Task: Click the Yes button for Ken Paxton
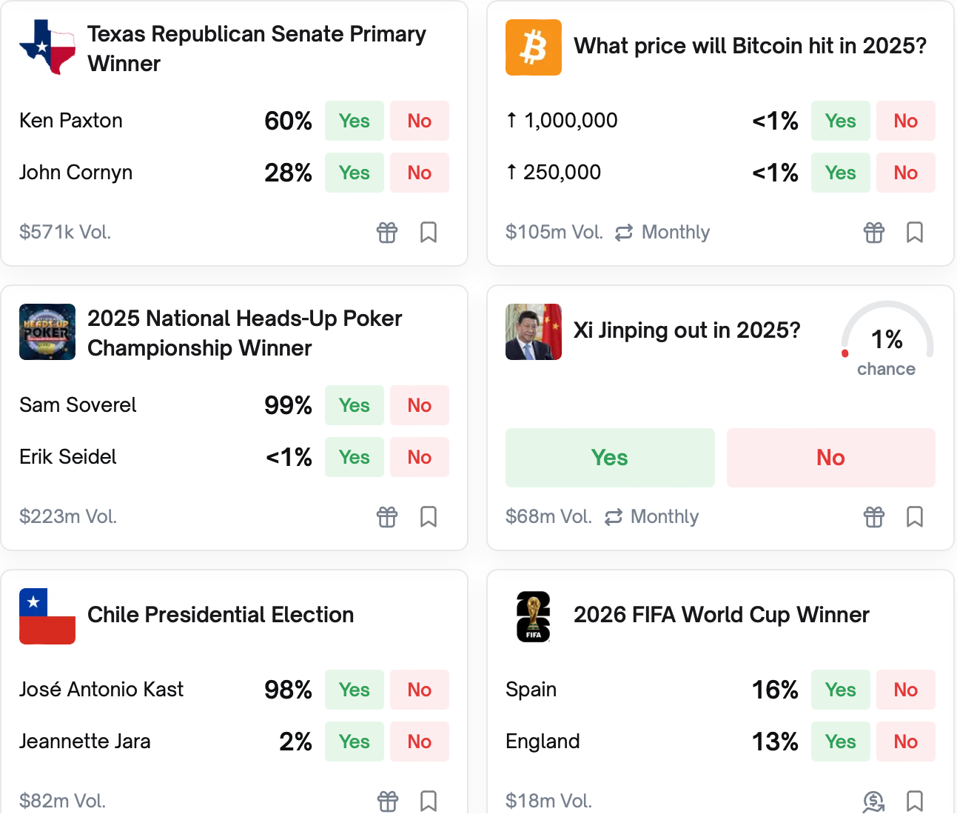pos(354,121)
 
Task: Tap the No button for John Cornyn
pos(419,173)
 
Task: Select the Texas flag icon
pos(47,47)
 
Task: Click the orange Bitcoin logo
pos(533,47)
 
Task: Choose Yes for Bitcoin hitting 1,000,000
pos(840,121)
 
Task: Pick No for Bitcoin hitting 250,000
pos(905,173)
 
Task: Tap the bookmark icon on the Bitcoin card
pos(915,233)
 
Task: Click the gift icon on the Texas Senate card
pos(387,233)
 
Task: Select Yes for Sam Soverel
pos(354,405)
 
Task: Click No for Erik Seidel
pos(419,457)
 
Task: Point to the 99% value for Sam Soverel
pos(288,405)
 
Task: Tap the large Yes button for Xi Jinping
pos(610,458)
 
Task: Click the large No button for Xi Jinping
pos(830,458)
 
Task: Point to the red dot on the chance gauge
pos(845,353)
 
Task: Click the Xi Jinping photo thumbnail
pos(533,332)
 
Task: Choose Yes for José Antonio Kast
pos(354,690)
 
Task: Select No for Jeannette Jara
pos(419,742)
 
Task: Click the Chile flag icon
pos(47,616)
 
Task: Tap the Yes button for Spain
pos(840,690)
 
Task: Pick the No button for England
pos(905,742)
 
